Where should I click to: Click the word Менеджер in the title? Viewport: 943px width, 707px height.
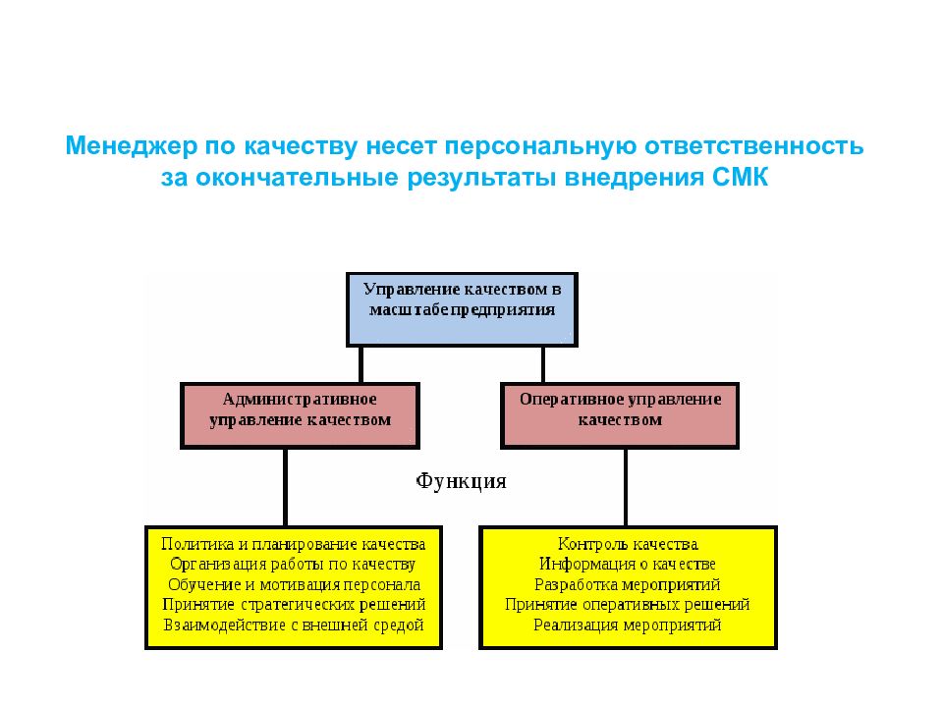[x=131, y=146]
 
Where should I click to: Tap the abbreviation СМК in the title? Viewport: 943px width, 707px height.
[x=740, y=178]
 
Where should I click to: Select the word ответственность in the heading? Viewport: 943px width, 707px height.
[x=754, y=146]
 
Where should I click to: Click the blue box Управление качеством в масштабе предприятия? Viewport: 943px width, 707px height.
[x=462, y=309]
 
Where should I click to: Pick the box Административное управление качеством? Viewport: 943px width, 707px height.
[x=300, y=415]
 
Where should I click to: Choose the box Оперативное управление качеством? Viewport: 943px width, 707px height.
[x=620, y=415]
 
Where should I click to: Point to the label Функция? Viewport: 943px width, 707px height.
[x=462, y=481]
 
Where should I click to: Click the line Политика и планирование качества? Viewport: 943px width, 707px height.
[x=294, y=545]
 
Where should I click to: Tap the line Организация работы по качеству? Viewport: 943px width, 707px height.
[x=293, y=565]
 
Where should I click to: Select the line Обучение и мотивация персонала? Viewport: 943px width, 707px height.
[x=294, y=585]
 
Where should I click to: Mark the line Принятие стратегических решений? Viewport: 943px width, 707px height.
[x=294, y=605]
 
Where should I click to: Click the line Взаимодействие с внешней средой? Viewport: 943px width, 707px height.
[x=294, y=625]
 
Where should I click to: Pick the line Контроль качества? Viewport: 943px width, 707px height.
[x=628, y=545]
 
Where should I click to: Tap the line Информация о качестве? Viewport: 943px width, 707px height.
[x=628, y=565]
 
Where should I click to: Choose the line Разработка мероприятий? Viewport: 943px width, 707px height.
[x=628, y=585]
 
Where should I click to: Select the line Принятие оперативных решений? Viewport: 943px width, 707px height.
[x=628, y=605]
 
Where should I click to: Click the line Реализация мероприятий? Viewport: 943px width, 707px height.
[x=628, y=625]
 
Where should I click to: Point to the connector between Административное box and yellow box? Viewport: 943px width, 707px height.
[x=285, y=488]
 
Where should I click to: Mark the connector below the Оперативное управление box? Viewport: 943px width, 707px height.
[x=626, y=488]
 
